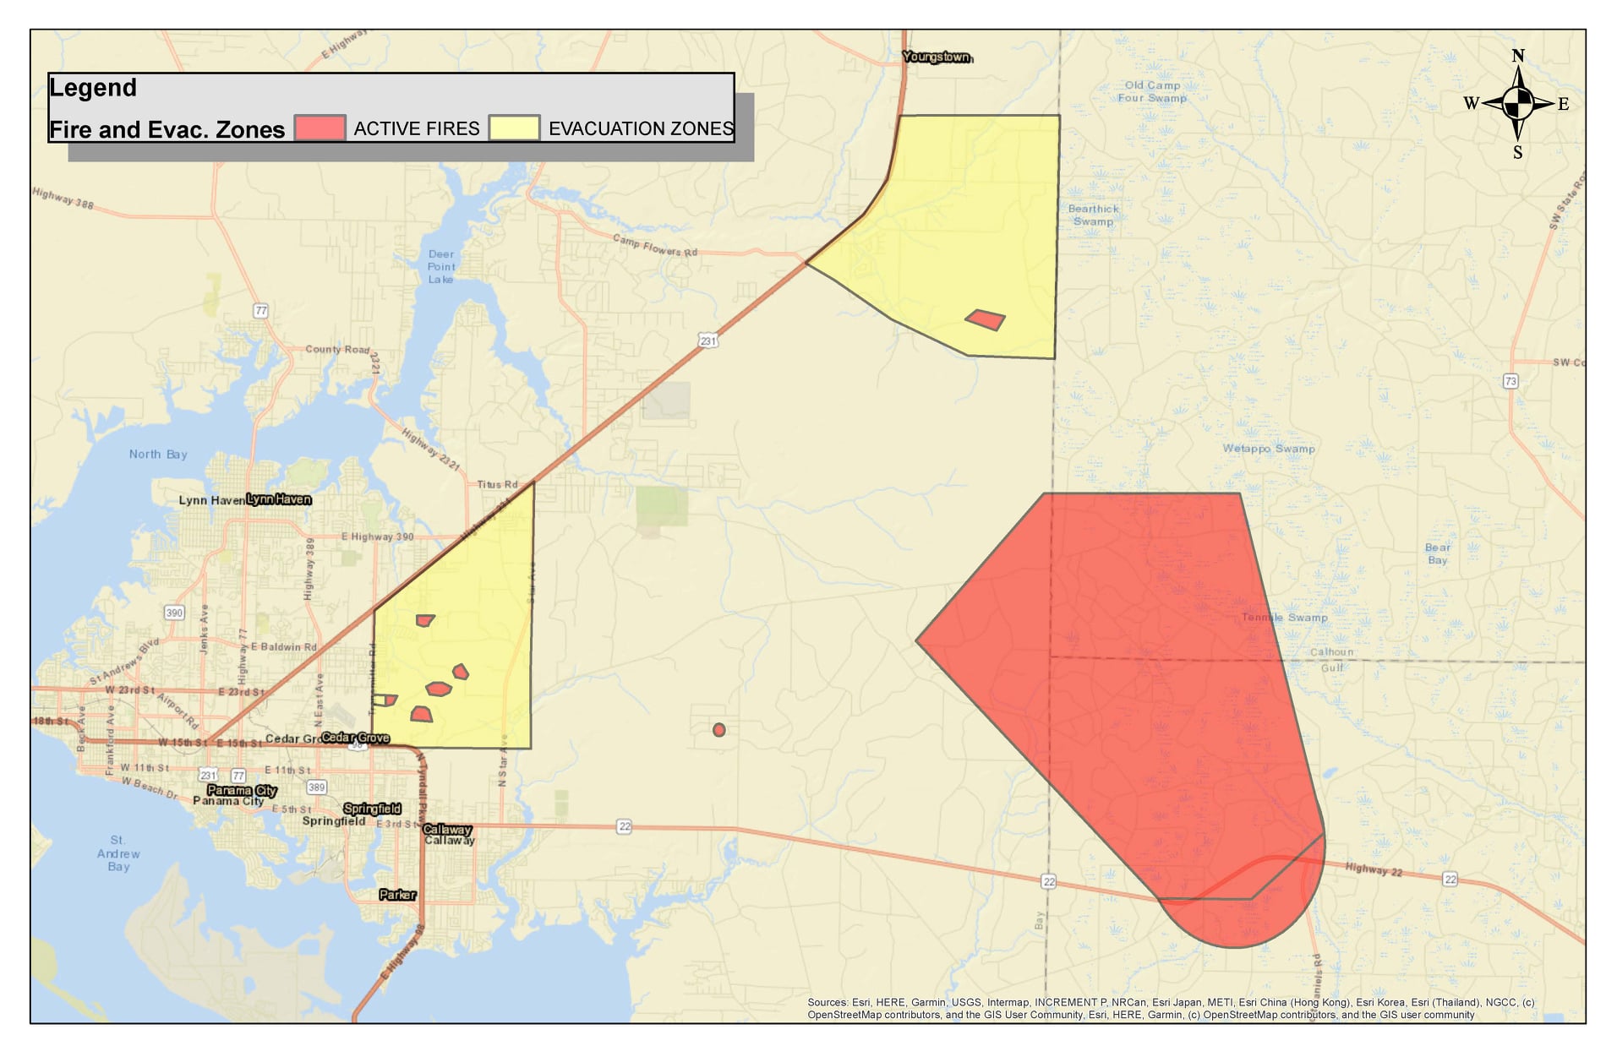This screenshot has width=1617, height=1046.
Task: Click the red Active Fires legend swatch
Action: [320, 128]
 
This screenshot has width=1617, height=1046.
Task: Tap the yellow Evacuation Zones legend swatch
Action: [514, 128]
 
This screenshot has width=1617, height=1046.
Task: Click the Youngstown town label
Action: [937, 57]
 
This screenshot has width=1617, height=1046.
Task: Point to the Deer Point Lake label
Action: [440, 266]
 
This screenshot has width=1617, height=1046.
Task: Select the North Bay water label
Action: [158, 455]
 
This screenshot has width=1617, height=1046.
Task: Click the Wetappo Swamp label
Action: [1268, 449]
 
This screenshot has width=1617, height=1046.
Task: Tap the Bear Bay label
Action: [1437, 553]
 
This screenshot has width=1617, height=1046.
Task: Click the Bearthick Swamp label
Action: [1093, 215]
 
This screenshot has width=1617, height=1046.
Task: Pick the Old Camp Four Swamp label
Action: [1152, 91]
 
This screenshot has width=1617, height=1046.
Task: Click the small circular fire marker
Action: [718, 729]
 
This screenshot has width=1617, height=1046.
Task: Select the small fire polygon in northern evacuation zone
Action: [986, 319]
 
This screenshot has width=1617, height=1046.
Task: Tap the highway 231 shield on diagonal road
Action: [708, 341]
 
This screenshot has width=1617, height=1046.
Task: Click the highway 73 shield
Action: [1510, 381]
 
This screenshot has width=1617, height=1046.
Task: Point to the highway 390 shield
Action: [174, 613]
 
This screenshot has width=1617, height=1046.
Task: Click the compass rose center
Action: [1518, 103]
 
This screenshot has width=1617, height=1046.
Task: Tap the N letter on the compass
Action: [1518, 56]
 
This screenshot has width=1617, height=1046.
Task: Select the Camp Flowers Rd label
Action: [655, 246]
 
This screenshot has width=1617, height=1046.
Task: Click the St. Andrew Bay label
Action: [118, 853]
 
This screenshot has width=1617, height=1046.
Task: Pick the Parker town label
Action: [397, 895]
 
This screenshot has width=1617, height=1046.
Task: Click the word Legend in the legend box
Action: [93, 88]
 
